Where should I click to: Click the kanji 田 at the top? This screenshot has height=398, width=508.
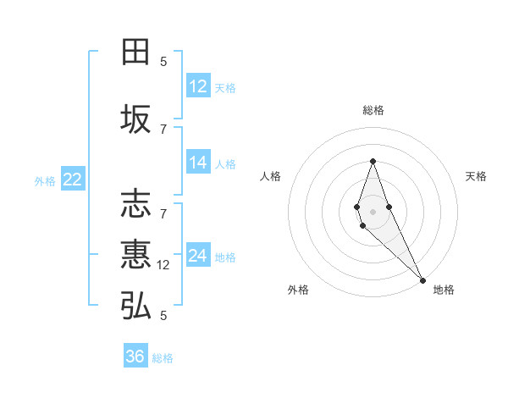click(x=135, y=53)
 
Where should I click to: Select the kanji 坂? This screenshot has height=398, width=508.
click(x=135, y=119)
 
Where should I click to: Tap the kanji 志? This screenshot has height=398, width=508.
click(x=135, y=204)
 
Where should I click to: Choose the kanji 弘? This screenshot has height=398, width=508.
click(x=135, y=306)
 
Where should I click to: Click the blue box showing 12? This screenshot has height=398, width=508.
click(x=198, y=86)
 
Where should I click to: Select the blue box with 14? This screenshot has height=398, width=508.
click(x=198, y=163)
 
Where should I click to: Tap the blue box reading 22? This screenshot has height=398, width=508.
click(x=73, y=179)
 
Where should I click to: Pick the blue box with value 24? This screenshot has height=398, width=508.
click(x=198, y=256)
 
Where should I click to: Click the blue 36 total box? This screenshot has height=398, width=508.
click(x=135, y=357)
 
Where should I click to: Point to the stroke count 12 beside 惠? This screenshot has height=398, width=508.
click(x=164, y=265)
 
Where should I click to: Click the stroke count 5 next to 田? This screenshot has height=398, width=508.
click(x=163, y=61)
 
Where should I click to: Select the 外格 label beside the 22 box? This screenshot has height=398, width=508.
click(x=45, y=180)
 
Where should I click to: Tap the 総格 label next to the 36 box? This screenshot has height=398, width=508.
click(x=163, y=358)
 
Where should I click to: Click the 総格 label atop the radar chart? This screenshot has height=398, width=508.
click(x=373, y=110)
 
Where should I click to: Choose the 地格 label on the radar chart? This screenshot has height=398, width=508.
click(x=444, y=290)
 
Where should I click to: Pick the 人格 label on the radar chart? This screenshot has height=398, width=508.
click(x=271, y=176)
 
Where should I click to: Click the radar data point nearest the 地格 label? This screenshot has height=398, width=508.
click(x=422, y=280)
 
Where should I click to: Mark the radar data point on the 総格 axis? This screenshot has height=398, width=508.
click(x=373, y=161)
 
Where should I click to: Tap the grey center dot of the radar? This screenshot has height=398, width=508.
click(x=373, y=211)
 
